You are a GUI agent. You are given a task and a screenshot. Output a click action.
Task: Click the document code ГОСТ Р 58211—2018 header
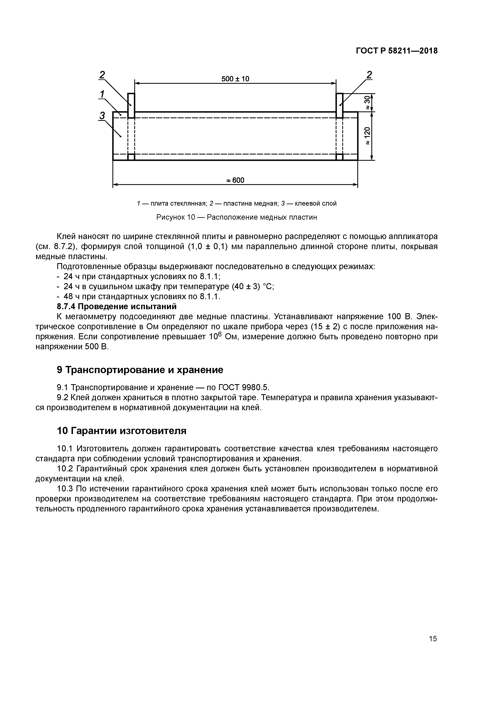coord(397,51)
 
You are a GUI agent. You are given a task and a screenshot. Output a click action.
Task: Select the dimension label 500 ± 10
coord(235,79)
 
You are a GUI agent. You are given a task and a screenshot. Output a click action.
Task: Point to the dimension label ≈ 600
coord(235,180)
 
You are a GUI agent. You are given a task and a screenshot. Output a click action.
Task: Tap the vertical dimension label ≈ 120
coord(367,136)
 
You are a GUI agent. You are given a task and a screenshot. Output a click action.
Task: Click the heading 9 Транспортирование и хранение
coord(140,370)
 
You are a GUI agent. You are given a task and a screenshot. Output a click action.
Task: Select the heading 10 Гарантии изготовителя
coord(122,431)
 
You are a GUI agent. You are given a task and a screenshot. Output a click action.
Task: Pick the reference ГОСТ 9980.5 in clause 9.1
coord(243,388)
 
